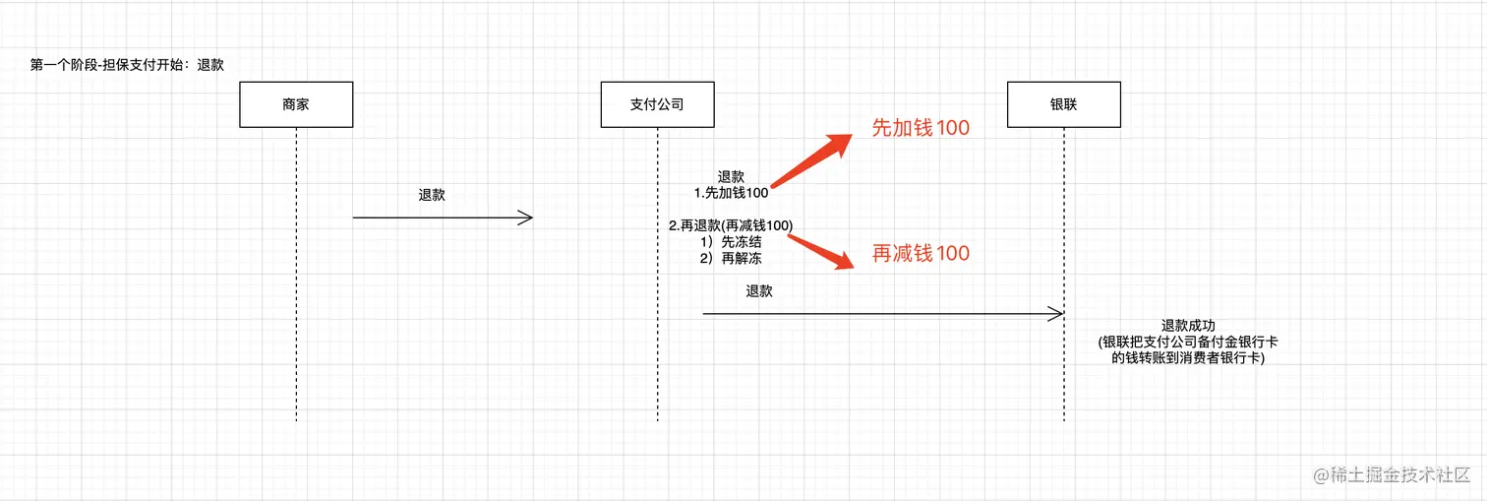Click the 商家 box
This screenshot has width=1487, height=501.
[x=295, y=103]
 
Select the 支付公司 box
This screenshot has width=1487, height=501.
[x=657, y=103]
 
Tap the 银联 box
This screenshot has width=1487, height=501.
[x=1063, y=103]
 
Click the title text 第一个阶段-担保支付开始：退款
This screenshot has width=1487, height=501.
[x=128, y=66]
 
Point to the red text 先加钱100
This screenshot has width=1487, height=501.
[x=921, y=128]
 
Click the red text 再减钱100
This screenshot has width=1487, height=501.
[x=921, y=254]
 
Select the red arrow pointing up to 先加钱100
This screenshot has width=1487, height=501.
[x=811, y=159]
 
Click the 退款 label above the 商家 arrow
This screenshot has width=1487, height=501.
[x=432, y=195]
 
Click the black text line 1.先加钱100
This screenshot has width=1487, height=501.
[x=731, y=193]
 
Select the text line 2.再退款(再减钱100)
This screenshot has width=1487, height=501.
[x=731, y=225]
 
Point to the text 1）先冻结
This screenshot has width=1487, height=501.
[x=731, y=241]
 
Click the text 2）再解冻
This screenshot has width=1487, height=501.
[x=731, y=258]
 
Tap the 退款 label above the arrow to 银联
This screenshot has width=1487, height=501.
[x=759, y=291]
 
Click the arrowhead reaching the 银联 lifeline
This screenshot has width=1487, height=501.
[x=1057, y=314]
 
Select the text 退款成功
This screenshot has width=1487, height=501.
[x=1188, y=326]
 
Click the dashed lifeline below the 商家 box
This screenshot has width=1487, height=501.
[x=296, y=295]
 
